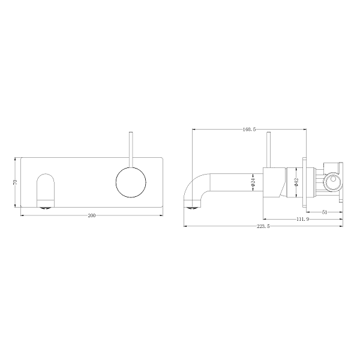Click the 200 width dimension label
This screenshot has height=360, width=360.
pyautogui.click(x=92, y=215)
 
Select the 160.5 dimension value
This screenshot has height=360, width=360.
pyautogui.click(x=250, y=129)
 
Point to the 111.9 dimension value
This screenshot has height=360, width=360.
pyautogui.click(x=302, y=219)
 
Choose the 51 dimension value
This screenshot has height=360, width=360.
pyautogui.click(x=325, y=212)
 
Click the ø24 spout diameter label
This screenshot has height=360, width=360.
pyautogui.click(x=254, y=182)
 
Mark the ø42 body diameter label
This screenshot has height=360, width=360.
pyautogui.click(x=296, y=182)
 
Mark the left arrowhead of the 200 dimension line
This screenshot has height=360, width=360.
pyautogui.click(x=23, y=215)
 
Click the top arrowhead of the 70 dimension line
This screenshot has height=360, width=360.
pyautogui.click(x=16, y=159)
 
